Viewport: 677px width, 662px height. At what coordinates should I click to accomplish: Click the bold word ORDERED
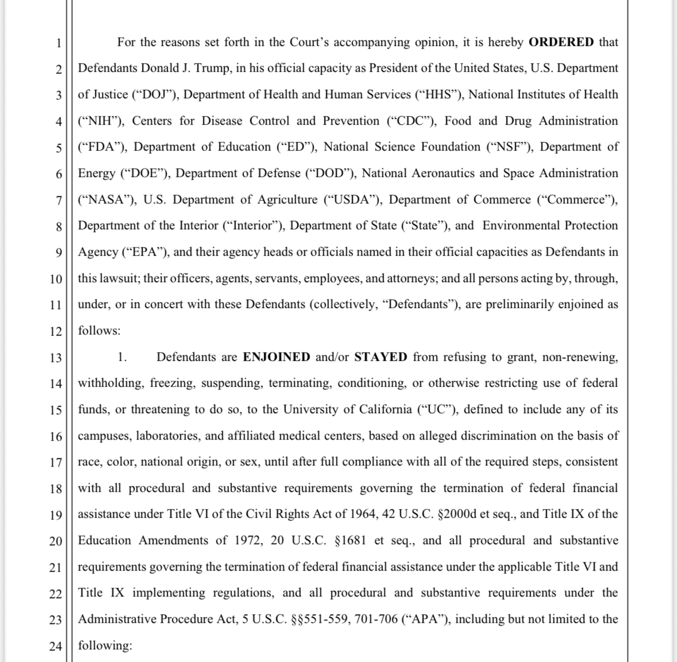pyautogui.click(x=561, y=42)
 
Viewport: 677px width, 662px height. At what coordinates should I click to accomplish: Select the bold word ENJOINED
pyautogui.click(x=277, y=357)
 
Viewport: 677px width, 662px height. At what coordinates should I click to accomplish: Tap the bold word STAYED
pyautogui.click(x=381, y=357)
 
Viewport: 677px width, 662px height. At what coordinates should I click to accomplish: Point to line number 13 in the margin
pyautogui.click(x=55, y=358)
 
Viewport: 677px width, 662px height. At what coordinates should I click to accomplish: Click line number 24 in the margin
pyautogui.click(x=55, y=646)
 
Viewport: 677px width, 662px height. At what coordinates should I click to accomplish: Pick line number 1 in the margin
pyautogui.click(x=58, y=43)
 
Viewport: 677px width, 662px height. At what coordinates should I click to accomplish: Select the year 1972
pyautogui.click(x=247, y=541)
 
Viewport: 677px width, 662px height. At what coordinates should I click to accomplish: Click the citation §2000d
pyautogui.click(x=457, y=514)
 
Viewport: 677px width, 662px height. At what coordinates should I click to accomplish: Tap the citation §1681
pyautogui.click(x=347, y=541)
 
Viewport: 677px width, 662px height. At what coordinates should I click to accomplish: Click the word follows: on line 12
pyautogui.click(x=99, y=331)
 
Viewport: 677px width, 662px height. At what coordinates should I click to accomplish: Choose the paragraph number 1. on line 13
pyautogui.click(x=122, y=357)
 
